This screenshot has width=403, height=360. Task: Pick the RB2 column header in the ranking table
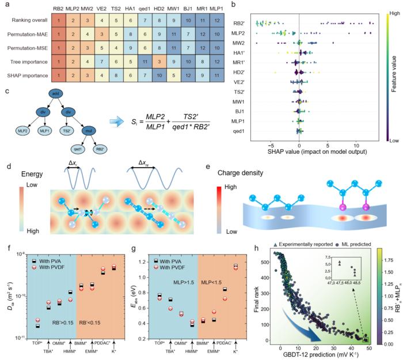[58, 9]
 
